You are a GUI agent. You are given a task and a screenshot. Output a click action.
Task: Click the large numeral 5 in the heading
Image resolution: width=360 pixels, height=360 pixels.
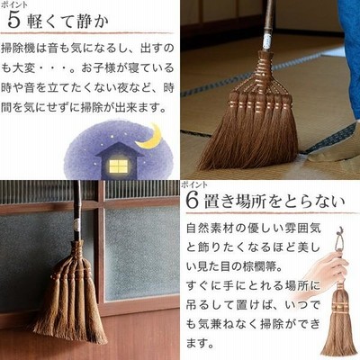click(13, 21)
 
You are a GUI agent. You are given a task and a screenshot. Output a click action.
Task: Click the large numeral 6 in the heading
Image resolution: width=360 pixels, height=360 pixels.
click(193, 200)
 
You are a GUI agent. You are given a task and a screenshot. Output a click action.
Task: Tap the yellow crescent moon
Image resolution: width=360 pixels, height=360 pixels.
click(151, 137)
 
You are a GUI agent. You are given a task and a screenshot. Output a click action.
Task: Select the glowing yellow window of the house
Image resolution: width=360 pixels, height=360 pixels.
click(118, 166)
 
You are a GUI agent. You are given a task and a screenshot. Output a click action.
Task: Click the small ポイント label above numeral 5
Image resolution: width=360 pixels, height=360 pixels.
click(13, 4)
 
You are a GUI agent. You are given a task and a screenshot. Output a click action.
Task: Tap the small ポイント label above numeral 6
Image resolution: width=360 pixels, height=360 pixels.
click(194, 184)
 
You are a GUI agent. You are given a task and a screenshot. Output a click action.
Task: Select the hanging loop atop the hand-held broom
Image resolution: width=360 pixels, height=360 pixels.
click(340, 240)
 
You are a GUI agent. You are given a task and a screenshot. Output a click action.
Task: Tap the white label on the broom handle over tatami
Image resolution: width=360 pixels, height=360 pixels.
click(266, 42)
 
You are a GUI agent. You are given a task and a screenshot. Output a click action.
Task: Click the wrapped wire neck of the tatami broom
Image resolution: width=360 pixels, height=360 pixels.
click(264, 69)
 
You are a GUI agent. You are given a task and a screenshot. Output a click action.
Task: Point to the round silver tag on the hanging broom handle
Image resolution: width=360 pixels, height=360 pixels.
click(76, 223)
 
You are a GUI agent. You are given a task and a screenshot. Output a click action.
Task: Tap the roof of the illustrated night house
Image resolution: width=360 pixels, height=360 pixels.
click(120, 149)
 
